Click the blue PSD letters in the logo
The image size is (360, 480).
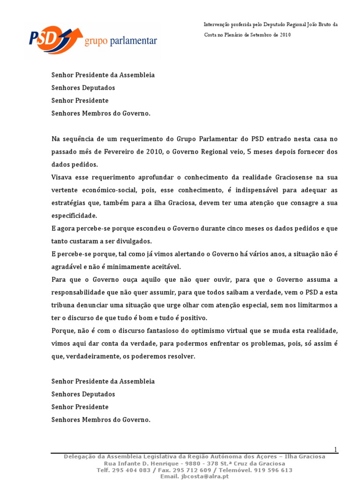44,39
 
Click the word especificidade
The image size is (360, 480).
74,216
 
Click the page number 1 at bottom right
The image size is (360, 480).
336,450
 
